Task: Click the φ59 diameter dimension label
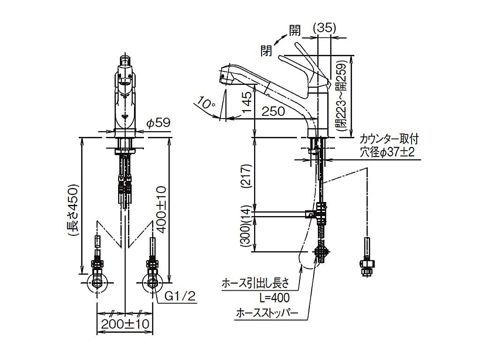point(157,123)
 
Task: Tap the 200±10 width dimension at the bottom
point(125,323)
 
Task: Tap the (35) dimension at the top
point(324,28)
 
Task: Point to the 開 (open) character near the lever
point(295,30)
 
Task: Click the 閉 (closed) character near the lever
point(267,50)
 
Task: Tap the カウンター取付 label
point(389,139)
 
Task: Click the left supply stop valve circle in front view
point(97,283)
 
